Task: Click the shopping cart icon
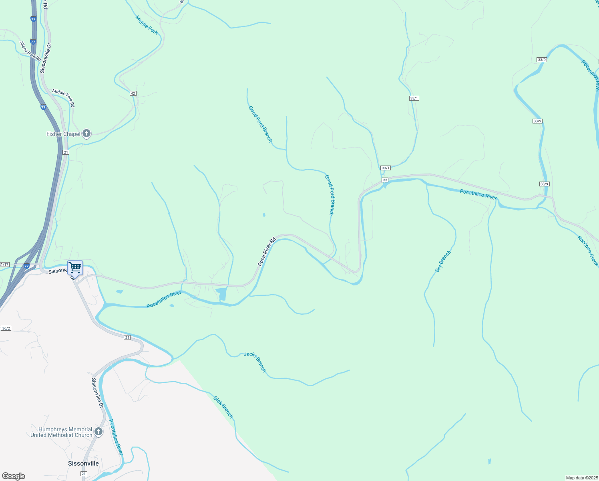pyautogui.click(x=75, y=267)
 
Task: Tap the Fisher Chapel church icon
pyautogui.click(x=86, y=134)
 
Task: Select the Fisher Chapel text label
pyautogui.click(x=63, y=134)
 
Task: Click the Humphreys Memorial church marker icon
pyautogui.click(x=98, y=432)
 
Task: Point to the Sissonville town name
pyautogui.click(x=83, y=463)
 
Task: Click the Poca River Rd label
pyautogui.click(x=267, y=252)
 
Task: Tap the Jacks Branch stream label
pyautogui.click(x=255, y=362)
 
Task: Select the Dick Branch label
pyautogui.click(x=223, y=407)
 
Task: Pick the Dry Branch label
pyautogui.click(x=443, y=262)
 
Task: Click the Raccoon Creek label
pyautogui.click(x=588, y=251)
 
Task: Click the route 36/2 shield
pyautogui.click(x=6, y=328)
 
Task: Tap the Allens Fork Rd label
pyautogui.click(x=30, y=51)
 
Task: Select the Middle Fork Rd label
pyautogui.click(x=63, y=98)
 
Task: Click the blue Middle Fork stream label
pyautogui.click(x=147, y=25)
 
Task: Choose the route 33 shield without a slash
pyautogui.click(x=385, y=180)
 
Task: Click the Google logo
pyautogui.click(x=14, y=476)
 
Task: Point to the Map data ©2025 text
pyautogui.click(x=581, y=478)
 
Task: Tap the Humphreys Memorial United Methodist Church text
pyautogui.click(x=61, y=432)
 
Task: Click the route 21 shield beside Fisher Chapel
pyautogui.click(x=66, y=152)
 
